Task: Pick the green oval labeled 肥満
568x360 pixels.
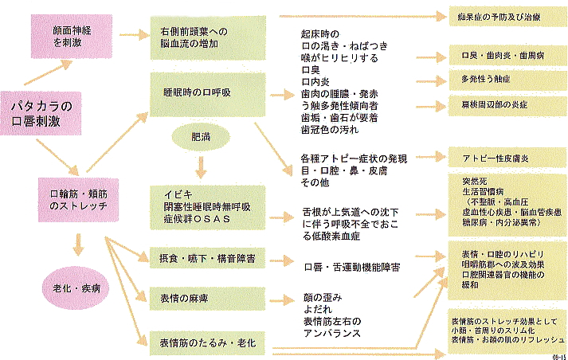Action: click(200, 138)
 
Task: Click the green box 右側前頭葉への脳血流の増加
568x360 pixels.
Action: click(208, 37)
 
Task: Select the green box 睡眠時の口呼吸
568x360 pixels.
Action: click(208, 95)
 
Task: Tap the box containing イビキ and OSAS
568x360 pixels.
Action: click(208, 206)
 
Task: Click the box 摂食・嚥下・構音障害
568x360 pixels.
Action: click(208, 260)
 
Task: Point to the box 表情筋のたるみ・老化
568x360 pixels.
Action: click(208, 343)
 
